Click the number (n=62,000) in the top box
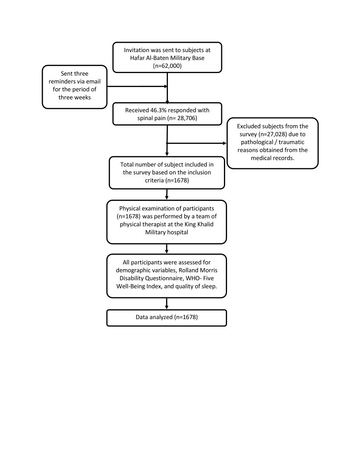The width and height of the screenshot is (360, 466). pyautogui.click(x=167, y=66)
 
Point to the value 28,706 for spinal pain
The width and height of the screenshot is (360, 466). pyautogui.click(x=187, y=118)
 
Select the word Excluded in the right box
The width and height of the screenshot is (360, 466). pyautogui.click(x=248, y=126)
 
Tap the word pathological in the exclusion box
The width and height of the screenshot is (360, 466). pyautogui.click(x=257, y=142)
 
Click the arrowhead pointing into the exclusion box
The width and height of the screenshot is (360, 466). pyautogui.click(x=225, y=143)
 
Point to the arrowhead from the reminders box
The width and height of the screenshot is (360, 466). pyautogui.click(x=166, y=87)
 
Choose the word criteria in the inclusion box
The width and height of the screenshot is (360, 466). pyautogui.click(x=154, y=180)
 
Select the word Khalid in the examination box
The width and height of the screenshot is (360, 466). pyautogui.click(x=205, y=224)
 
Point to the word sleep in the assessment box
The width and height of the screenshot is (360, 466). pyautogui.click(x=209, y=286)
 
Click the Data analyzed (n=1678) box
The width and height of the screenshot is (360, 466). pyautogui.click(x=166, y=318)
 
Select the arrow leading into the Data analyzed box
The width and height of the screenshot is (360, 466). pyautogui.click(x=166, y=304)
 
